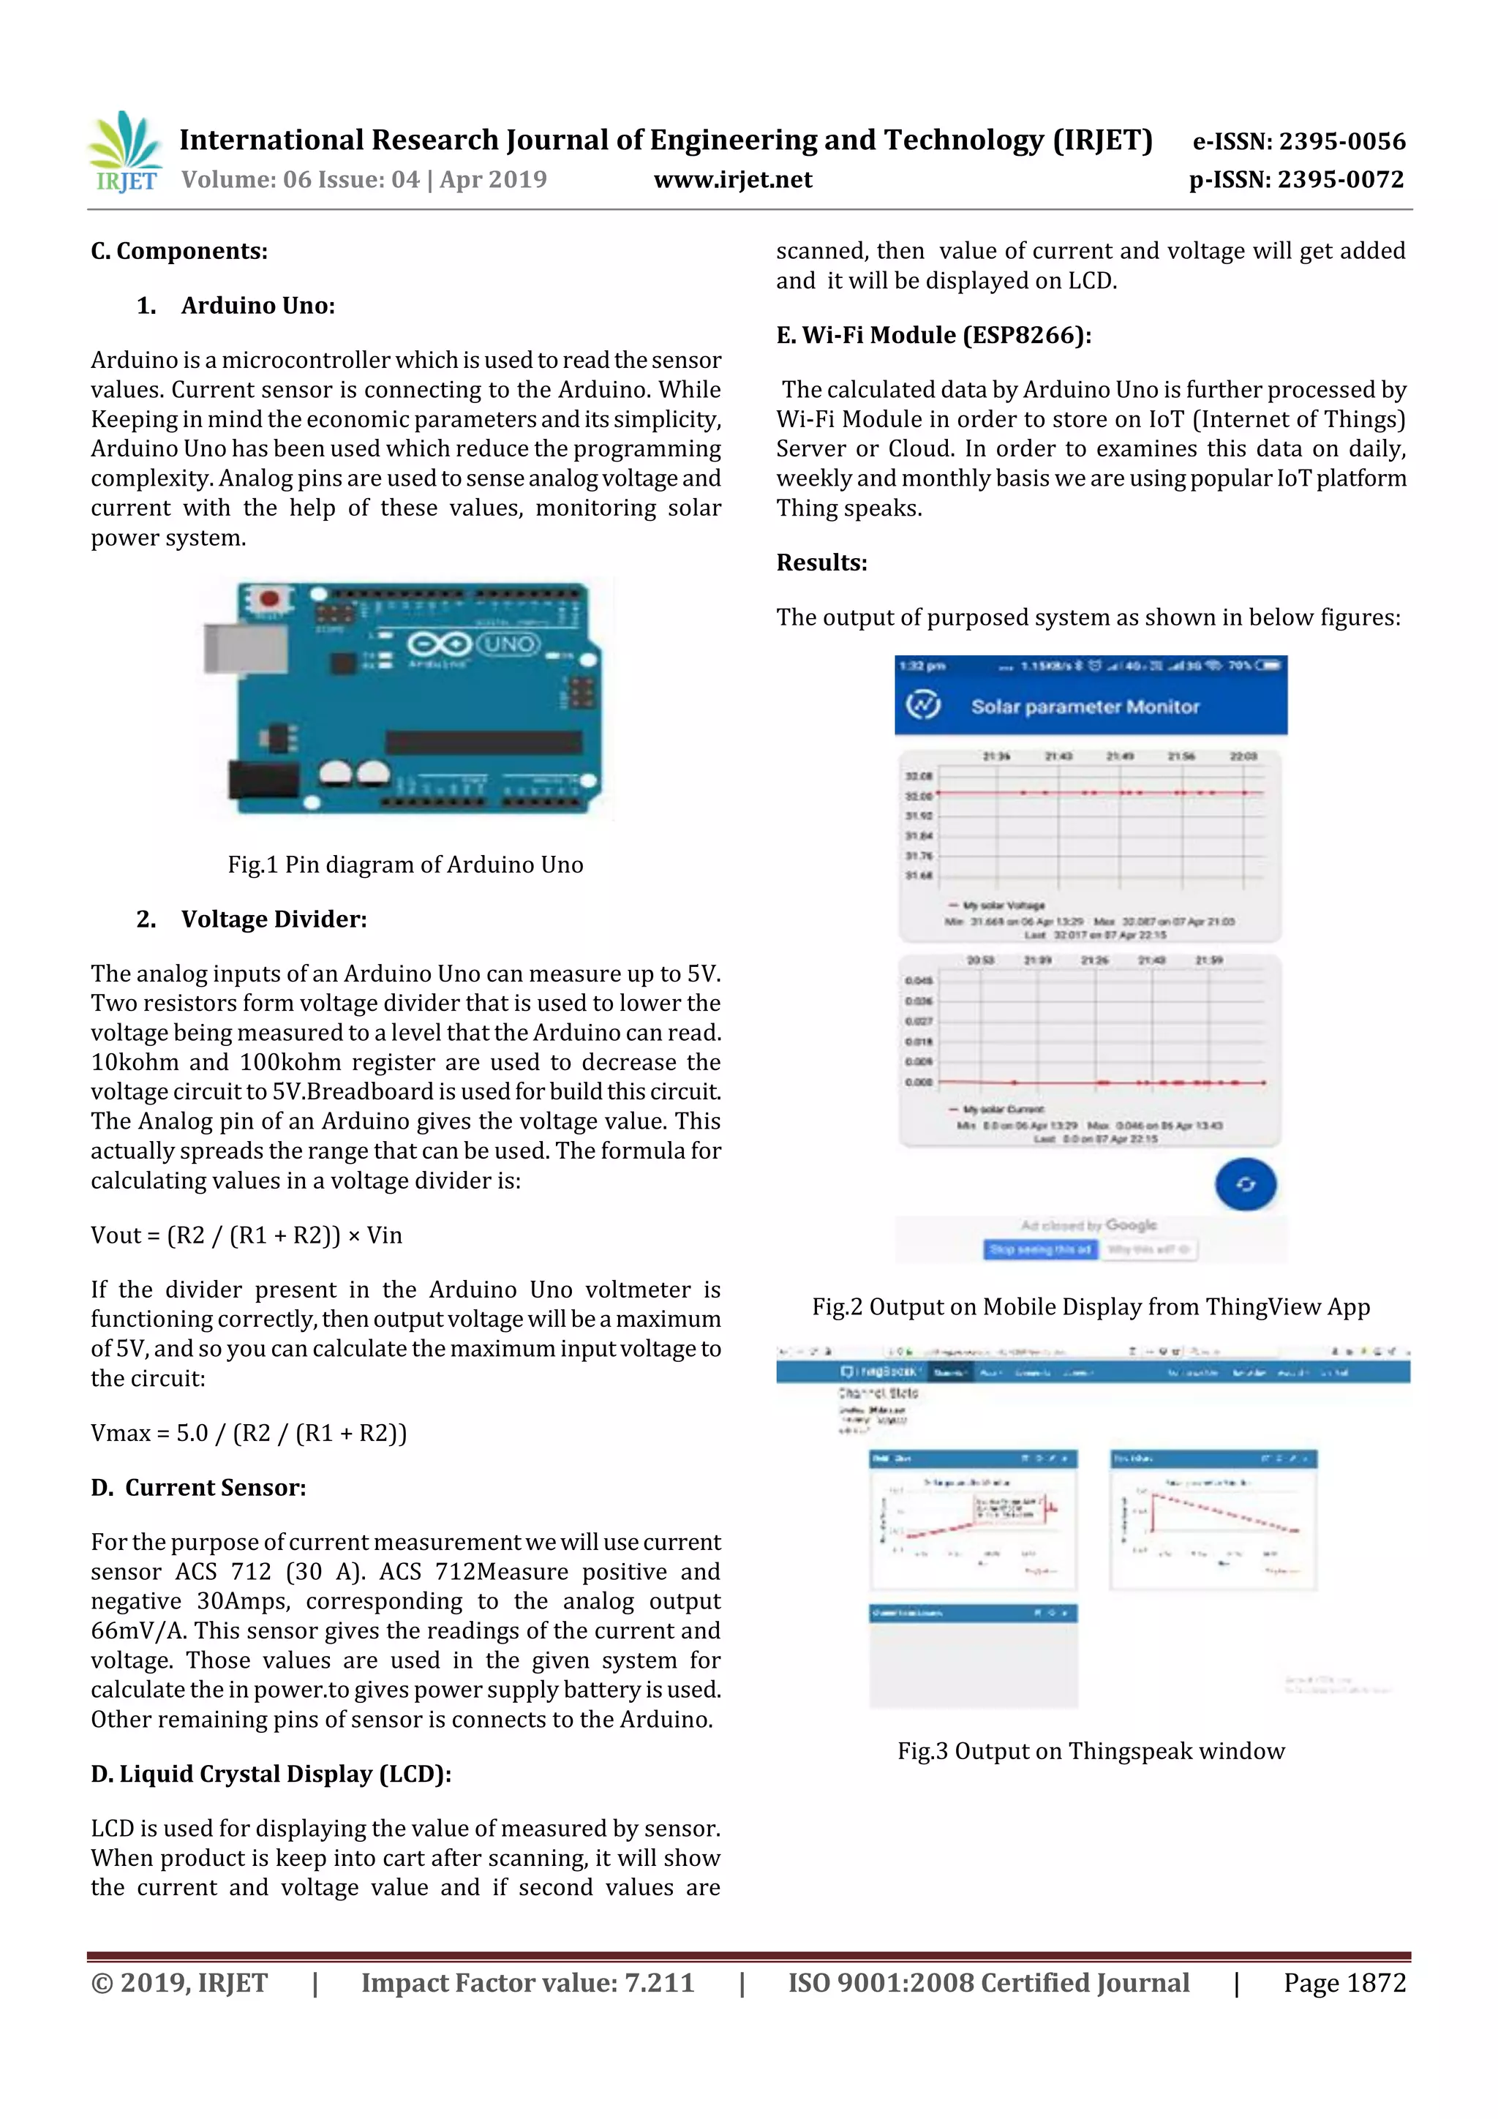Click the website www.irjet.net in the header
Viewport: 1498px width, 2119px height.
733,180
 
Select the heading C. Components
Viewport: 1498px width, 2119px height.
179,251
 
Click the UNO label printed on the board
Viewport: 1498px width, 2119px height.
508,643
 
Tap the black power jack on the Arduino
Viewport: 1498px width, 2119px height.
264,780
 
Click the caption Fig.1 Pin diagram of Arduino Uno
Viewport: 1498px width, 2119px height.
405,865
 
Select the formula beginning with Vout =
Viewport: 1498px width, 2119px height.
246,1235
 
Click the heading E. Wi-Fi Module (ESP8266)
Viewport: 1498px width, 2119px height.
933,335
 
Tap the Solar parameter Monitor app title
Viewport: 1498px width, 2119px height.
1085,707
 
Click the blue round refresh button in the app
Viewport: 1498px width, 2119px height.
1245,1184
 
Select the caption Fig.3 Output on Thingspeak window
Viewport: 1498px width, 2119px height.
1091,1751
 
